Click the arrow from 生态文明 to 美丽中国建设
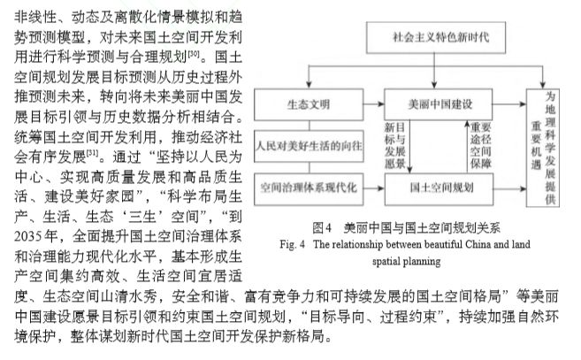click(374, 104)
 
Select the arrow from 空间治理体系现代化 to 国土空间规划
click(374, 188)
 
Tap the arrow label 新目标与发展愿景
click(395, 146)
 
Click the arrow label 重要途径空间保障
click(480, 146)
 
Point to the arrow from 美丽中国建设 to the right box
click(509, 104)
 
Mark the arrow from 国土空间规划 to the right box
click(510, 188)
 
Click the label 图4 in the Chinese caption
click(322, 227)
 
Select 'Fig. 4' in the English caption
click(293, 244)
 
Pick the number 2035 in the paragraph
click(28, 236)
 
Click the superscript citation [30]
click(194, 54)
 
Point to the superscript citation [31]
click(93, 153)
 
